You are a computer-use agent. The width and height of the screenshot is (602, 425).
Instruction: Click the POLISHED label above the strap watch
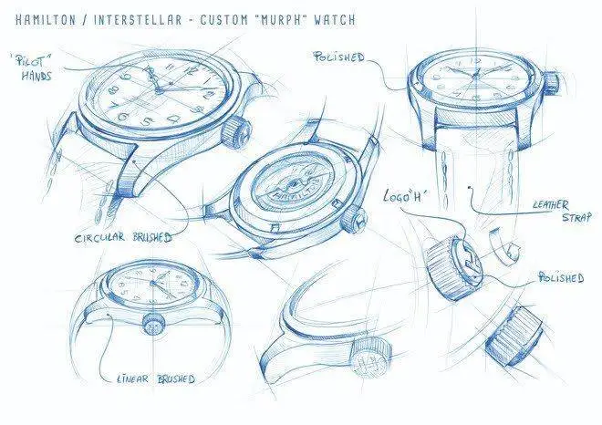tap(338, 57)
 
